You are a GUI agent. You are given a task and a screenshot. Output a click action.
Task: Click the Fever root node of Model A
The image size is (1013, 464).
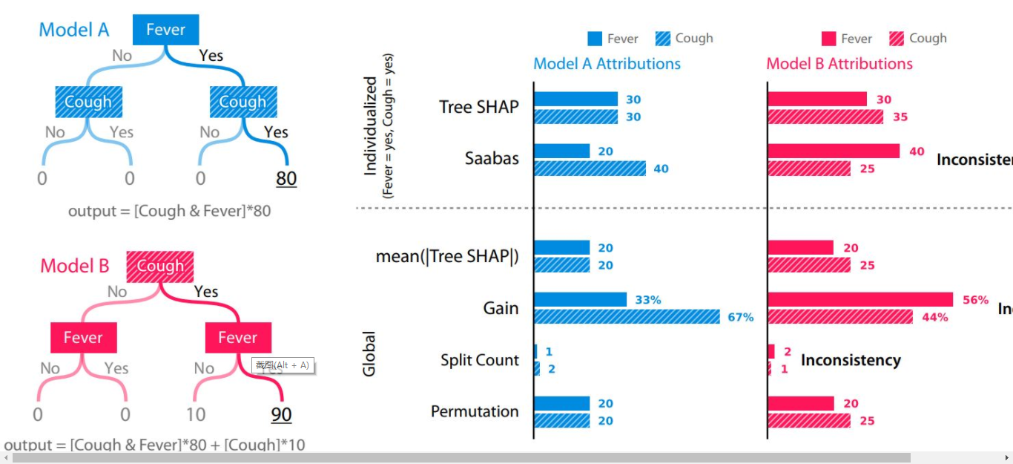[165, 30]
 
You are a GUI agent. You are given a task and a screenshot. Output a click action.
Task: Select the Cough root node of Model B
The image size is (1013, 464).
[159, 267]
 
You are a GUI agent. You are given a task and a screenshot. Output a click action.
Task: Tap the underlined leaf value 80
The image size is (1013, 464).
[286, 178]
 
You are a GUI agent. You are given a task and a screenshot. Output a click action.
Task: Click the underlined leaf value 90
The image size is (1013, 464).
[281, 414]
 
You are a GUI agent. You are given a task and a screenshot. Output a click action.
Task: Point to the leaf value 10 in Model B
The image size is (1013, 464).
[196, 414]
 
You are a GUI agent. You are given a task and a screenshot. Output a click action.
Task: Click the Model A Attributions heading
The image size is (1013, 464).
[607, 64]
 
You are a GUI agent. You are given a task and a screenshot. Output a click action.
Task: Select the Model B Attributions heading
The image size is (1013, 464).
[839, 64]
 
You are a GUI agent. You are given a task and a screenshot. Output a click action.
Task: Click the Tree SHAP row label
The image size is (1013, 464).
[478, 107]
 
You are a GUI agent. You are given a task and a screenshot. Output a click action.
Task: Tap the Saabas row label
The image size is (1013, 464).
[492, 158]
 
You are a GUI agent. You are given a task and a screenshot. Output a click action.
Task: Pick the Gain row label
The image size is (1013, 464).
[501, 308]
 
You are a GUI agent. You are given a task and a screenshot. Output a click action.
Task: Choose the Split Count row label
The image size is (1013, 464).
[479, 360]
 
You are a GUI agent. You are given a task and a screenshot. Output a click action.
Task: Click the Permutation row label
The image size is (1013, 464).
[475, 411]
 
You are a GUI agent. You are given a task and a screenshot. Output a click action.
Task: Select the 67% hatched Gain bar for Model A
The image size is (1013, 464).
[627, 317]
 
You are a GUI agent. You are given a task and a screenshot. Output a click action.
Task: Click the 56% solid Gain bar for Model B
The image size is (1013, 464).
[860, 299]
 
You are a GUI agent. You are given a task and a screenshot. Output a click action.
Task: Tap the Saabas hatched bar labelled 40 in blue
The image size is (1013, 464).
[590, 169]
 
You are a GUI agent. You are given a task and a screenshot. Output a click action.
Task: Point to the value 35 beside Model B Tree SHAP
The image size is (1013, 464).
[900, 117]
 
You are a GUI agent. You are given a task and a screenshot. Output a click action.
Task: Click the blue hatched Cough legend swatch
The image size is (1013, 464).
[663, 39]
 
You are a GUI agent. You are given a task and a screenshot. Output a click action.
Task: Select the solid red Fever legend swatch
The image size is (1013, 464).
[828, 39]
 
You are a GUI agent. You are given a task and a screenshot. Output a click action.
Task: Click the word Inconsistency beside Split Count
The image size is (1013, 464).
[851, 360]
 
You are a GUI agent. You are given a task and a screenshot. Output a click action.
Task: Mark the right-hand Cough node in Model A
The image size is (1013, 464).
[243, 102]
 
